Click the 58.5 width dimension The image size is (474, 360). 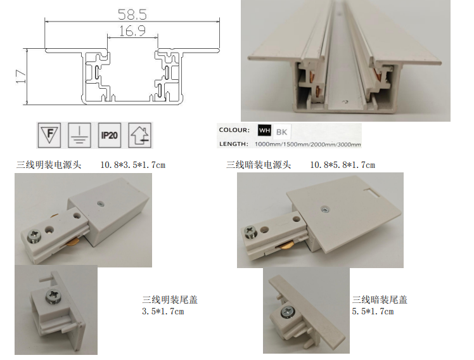pyautogui.click(x=132, y=14)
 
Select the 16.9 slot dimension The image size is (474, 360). pyautogui.click(x=132, y=31)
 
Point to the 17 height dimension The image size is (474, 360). pyautogui.click(x=21, y=77)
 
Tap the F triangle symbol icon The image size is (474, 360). pyautogui.click(x=49, y=135)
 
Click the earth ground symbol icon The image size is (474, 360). pyautogui.click(x=79, y=135)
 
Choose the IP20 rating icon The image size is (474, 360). pyautogui.click(x=110, y=135)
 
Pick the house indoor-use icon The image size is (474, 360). pyautogui.click(x=139, y=135)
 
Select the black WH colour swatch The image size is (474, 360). pyautogui.click(x=264, y=131)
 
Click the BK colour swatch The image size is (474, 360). pyautogui.click(x=282, y=131)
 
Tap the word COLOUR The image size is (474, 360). pyautogui.click(x=234, y=130)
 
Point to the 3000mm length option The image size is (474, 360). pyautogui.click(x=349, y=145)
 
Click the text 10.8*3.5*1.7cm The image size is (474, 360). pyautogui.click(x=132, y=165)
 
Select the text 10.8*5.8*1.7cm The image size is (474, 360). pyautogui.click(x=342, y=165)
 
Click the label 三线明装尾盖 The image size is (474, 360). pyautogui.click(x=170, y=300)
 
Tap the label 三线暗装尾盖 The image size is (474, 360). pyautogui.click(x=380, y=300)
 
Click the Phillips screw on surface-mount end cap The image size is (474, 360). pyautogui.click(x=53, y=295)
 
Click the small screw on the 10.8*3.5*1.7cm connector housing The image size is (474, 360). pyautogui.click(x=100, y=203)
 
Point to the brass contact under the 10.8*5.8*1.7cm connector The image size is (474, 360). pyautogui.click(x=286, y=247)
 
